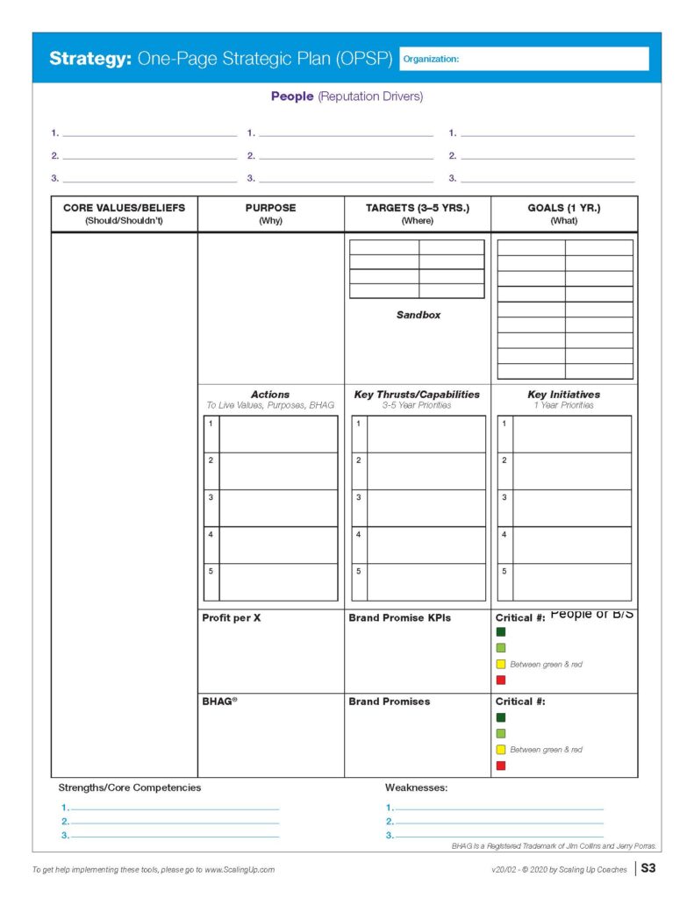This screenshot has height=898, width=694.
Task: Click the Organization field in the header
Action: pyautogui.click(x=524, y=59)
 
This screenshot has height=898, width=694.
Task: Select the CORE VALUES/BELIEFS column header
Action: pyautogui.click(x=124, y=214)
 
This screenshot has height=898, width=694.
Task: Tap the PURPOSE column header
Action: pyautogui.click(x=270, y=214)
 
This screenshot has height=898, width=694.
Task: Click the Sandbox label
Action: pyautogui.click(x=418, y=315)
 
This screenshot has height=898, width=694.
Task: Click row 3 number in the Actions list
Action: pyautogui.click(x=211, y=497)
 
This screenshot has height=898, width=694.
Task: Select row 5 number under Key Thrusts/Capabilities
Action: pyautogui.click(x=358, y=571)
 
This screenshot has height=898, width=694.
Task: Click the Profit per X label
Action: pyautogui.click(x=232, y=617)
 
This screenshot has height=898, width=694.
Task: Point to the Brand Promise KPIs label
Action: pyautogui.click(x=399, y=617)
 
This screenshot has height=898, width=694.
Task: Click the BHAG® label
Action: pyautogui.click(x=219, y=702)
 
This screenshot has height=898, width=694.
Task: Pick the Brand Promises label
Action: pyautogui.click(x=390, y=702)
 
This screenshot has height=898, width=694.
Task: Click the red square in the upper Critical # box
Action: pyautogui.click(x=501, y=680)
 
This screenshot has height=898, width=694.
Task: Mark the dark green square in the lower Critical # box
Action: pyautogui.click(x=501, y=717)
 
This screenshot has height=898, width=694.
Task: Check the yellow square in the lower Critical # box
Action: pyautogui.click(x=501, y=750)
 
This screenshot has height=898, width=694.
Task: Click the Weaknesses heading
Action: pyautogui.click(x=417, y=788)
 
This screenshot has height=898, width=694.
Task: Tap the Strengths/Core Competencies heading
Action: pyautogui.click(x=130, y=788)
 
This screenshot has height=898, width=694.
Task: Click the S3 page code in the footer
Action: pyautogui.click(x=648, y=869)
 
